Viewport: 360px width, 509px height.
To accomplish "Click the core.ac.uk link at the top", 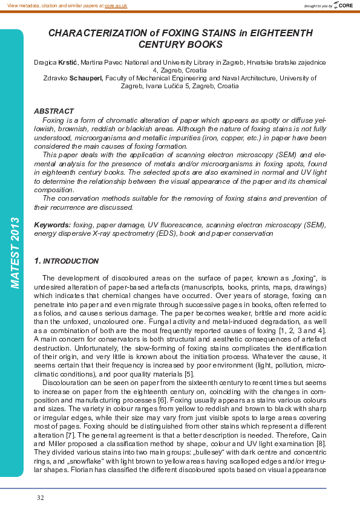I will tap(116, 5).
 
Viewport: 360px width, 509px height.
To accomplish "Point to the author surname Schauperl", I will tap(87, 77).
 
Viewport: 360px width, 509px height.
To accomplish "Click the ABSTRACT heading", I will tap(54, 112).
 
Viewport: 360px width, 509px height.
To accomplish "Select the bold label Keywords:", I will tap(52, 224).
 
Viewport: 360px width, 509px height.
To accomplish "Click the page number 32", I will tap(41, 498).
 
